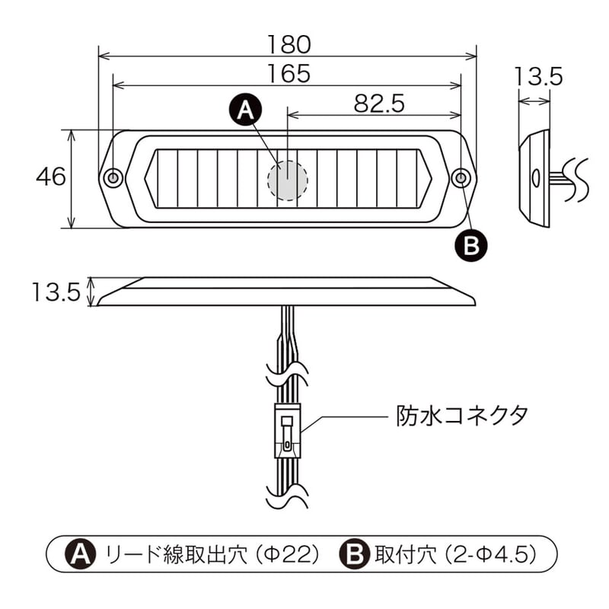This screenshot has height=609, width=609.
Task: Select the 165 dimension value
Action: tap(288, 73)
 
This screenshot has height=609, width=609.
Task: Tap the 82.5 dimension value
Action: tap(378, 104)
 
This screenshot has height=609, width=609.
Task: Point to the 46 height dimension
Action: tap(51, 177)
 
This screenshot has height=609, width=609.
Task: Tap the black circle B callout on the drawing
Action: tap(470, 244)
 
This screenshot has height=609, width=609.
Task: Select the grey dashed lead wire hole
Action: tap(288, 180)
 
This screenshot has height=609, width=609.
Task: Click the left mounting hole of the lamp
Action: tap(113, 178)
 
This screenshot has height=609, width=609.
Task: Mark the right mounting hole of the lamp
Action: tap(461, 178)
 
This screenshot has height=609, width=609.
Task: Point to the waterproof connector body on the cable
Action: tap(288, 431)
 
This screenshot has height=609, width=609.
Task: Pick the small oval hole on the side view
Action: tap(536, 178)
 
